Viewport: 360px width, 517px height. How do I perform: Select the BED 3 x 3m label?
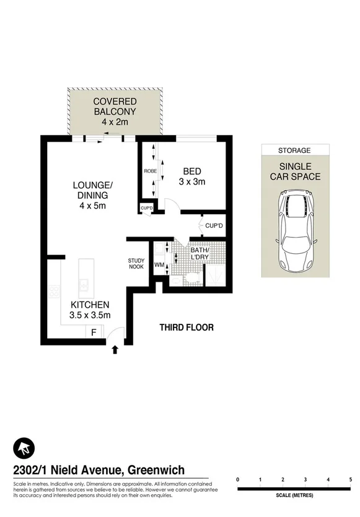(191, 176)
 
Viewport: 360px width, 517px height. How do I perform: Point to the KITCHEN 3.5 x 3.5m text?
(90, 310)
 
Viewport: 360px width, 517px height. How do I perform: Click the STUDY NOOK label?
(136, 263)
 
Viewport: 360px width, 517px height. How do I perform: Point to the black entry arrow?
(114, 351)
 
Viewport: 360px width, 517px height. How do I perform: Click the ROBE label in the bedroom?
(150, 170)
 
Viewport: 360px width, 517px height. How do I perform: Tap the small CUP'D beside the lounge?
(146, 208)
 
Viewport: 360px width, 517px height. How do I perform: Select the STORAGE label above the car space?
(295, 150)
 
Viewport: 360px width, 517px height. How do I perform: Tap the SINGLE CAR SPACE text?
(295, 172)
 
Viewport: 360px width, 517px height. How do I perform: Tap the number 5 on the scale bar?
(351, 480)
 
